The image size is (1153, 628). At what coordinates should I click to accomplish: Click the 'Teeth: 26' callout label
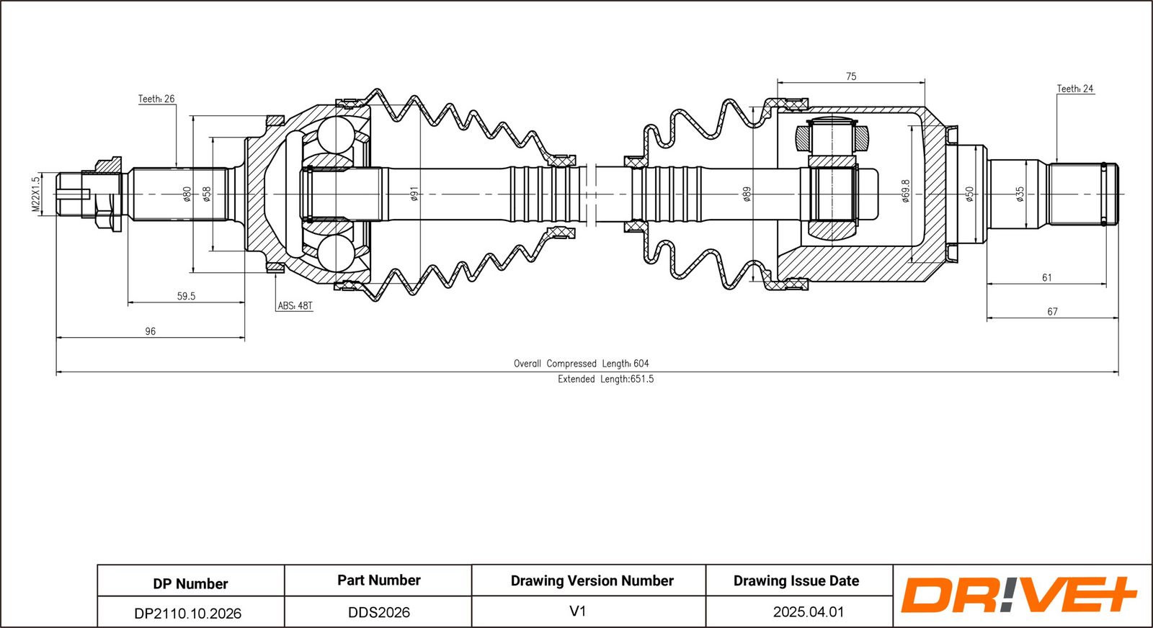(x=156, y=99)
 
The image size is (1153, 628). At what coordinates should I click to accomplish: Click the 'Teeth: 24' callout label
(x=1074, y=89)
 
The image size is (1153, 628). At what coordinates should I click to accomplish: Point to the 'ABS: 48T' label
(x=295, y=306)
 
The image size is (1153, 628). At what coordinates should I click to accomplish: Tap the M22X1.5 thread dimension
(x=35, y=194)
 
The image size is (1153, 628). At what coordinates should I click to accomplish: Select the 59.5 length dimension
(x=186, y=296)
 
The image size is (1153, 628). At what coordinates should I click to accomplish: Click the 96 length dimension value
(x=150, y=331)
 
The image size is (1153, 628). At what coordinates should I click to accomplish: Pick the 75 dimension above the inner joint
(x=851, y=76)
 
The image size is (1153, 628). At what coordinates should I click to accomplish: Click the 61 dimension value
(x=1046, y=277)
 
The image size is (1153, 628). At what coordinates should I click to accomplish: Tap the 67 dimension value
(x=1052, y=312)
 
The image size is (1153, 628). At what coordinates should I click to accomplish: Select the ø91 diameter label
(x=414, y=194)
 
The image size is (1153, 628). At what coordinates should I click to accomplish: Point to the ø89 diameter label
(x=747, y=194)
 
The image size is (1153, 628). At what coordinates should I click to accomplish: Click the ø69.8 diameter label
(x=906, y=191)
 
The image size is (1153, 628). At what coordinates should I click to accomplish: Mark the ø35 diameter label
(x=1020, y=194)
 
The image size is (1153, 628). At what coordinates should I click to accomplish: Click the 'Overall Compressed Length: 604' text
(x=581, y=364)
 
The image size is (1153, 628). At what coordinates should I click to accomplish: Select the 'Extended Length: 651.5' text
(x=605, y=379)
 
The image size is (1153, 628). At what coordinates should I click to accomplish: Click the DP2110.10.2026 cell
(x=188, y=614)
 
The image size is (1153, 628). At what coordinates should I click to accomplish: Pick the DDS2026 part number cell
(x=379, y=613)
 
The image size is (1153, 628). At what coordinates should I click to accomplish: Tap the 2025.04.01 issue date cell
(x=808, y=612)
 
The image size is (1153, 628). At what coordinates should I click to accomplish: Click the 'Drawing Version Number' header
(x=592, y=580)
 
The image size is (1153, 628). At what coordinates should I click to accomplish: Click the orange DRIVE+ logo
(x=1018, y=595)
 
